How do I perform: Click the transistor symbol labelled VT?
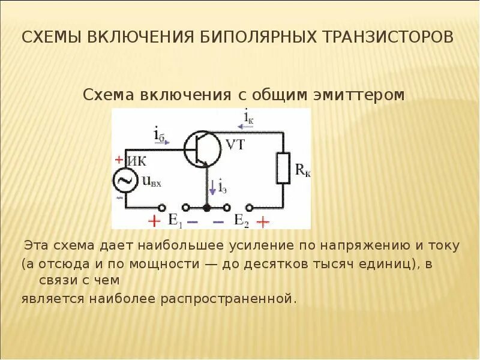(199, 149)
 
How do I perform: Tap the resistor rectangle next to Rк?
(283, 168)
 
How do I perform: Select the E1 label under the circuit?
(175, 220)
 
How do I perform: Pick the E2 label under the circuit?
(241, 220)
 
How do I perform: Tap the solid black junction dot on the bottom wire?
(208, 208)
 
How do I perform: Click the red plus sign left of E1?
(154, 221)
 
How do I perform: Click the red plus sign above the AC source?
(118, 160)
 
